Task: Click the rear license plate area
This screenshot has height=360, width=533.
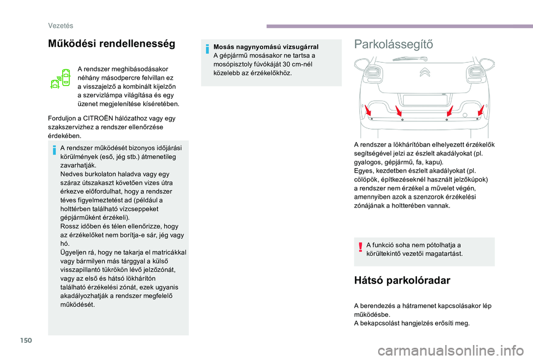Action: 425,100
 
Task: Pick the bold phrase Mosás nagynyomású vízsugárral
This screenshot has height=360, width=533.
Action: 266,47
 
